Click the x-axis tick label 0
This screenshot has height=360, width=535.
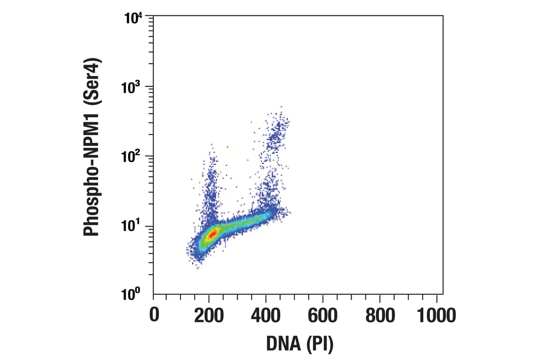[154, 315]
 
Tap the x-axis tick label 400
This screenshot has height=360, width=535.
[266, 315]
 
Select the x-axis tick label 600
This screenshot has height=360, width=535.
[323, 315]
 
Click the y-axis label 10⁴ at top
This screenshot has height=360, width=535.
[136, 19]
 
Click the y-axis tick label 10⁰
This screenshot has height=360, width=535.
[136, 295]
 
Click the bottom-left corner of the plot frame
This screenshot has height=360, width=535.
[154, 294]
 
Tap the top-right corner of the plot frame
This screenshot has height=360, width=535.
[443, 16]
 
